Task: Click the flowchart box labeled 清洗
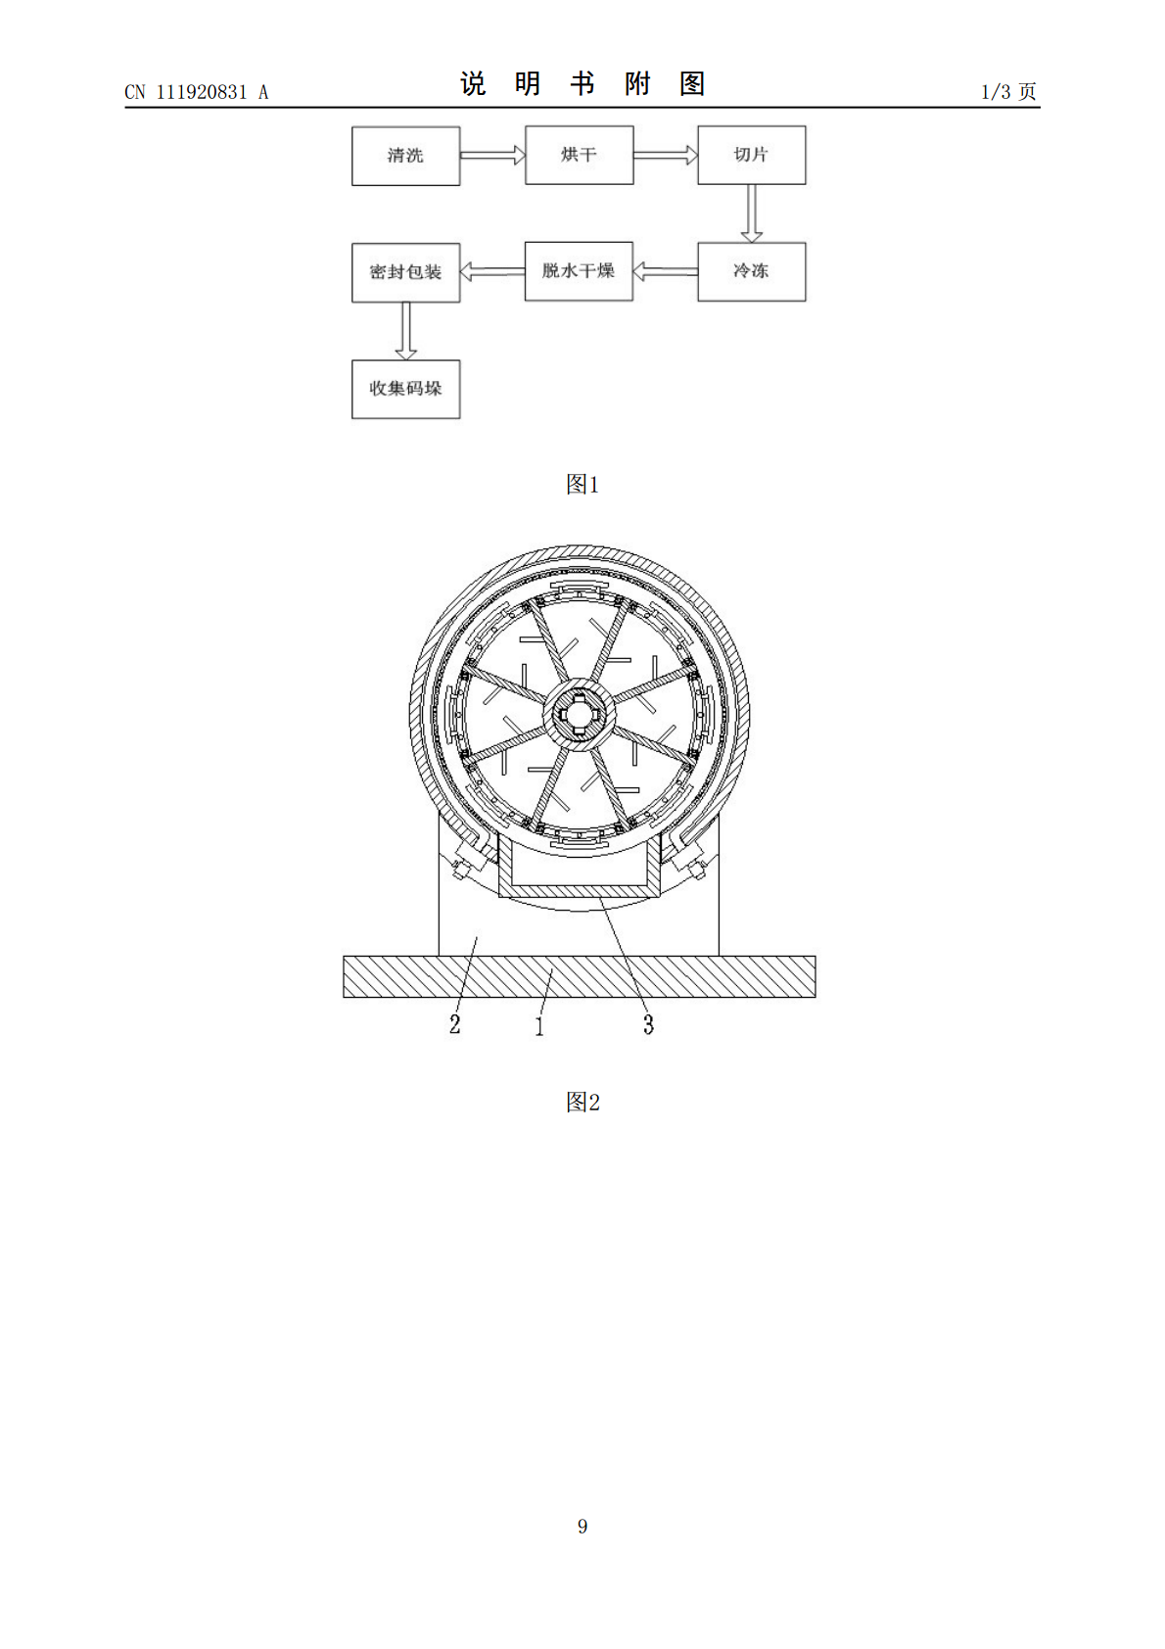[x=405, y=156]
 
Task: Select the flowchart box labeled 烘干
[x=580, y=156]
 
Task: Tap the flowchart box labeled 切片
[x=752, y=156]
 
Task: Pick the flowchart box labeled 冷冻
[x=752, y=271]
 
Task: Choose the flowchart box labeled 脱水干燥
[x=579, y=271]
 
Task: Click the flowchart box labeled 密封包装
[x=405, y=272]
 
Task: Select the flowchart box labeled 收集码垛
[x=405, y=390]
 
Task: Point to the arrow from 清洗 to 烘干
[x=493, y=156]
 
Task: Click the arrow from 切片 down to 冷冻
[x=752, y=213]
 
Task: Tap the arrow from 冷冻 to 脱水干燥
[x=666, y=271]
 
